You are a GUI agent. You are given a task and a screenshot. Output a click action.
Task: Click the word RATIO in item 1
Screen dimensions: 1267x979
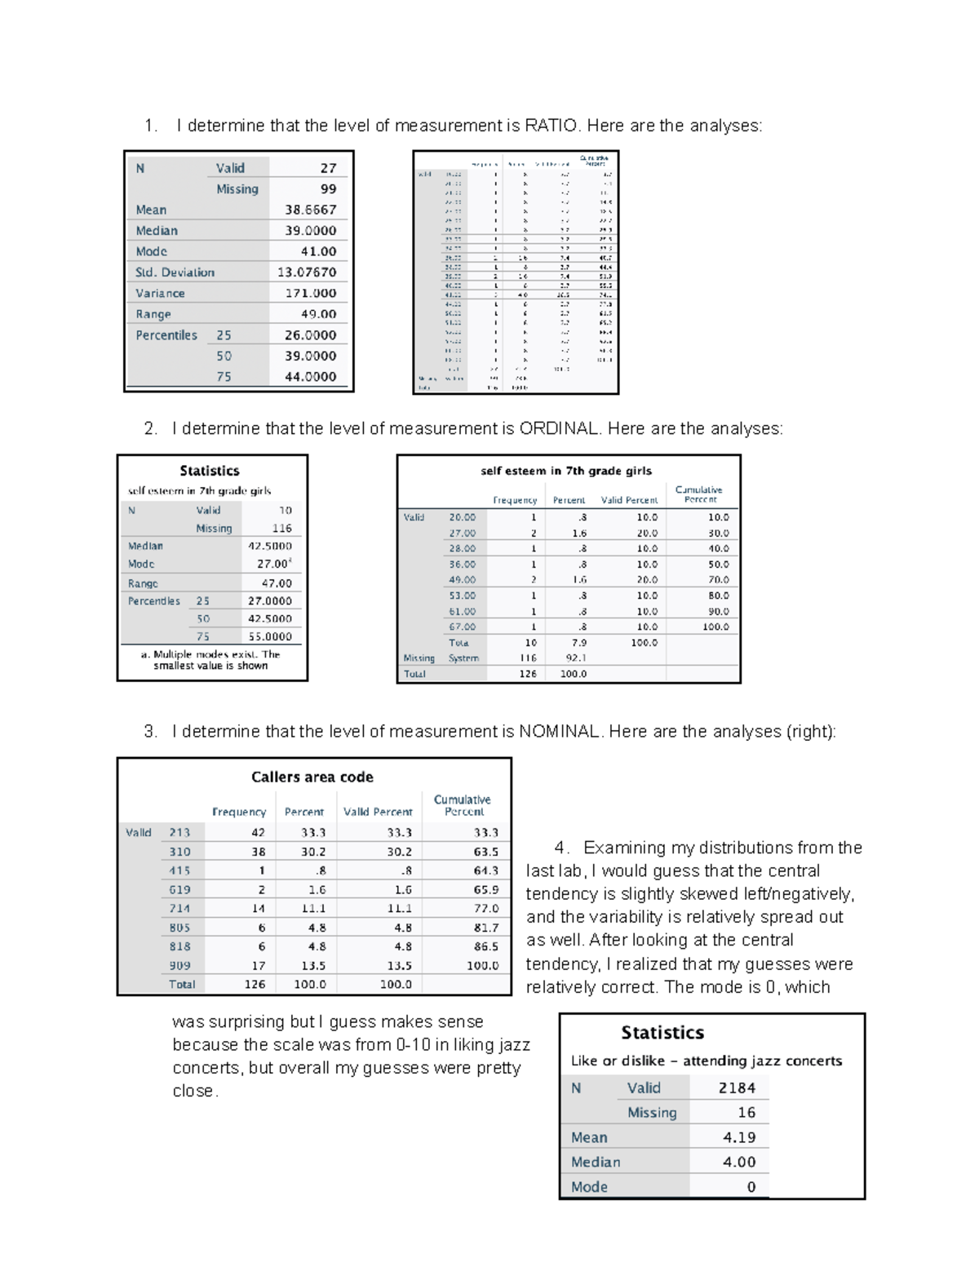[551, 126]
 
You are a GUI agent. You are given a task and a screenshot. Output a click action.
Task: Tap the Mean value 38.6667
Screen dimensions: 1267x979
[310, 210]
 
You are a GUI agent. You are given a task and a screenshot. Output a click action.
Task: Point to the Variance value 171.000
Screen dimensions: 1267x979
[310, 293]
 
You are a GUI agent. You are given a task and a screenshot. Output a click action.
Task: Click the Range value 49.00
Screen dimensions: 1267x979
[318, 314]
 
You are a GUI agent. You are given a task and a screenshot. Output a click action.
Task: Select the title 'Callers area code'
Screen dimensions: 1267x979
[312, 777]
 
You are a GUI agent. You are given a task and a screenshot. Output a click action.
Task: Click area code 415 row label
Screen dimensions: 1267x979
[179, 871]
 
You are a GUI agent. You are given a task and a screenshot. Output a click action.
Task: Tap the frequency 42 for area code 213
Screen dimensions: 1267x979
[258, 832]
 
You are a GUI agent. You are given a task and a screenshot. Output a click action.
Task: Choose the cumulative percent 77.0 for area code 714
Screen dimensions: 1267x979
[486, 908]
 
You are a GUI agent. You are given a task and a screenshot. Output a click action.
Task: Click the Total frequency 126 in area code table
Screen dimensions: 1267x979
[255, 984]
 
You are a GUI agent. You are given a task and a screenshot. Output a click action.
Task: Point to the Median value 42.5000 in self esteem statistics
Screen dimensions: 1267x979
[270, 546]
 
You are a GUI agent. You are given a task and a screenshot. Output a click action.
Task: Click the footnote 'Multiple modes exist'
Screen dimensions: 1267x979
[211, 659]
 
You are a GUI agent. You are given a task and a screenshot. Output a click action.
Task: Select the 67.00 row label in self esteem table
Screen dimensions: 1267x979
[462, 627]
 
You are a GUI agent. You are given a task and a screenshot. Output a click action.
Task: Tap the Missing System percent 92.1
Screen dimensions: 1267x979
[576, 658]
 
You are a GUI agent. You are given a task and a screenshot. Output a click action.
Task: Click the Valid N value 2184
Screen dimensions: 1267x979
[737, 1088]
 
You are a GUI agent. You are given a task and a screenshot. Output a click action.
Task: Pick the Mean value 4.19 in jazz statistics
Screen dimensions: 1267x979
[739, 1137]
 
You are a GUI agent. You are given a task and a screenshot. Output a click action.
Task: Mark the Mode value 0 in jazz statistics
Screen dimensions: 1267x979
[751, 1187]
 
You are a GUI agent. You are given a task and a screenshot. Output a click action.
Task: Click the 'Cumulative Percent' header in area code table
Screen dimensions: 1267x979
[462, 805]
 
